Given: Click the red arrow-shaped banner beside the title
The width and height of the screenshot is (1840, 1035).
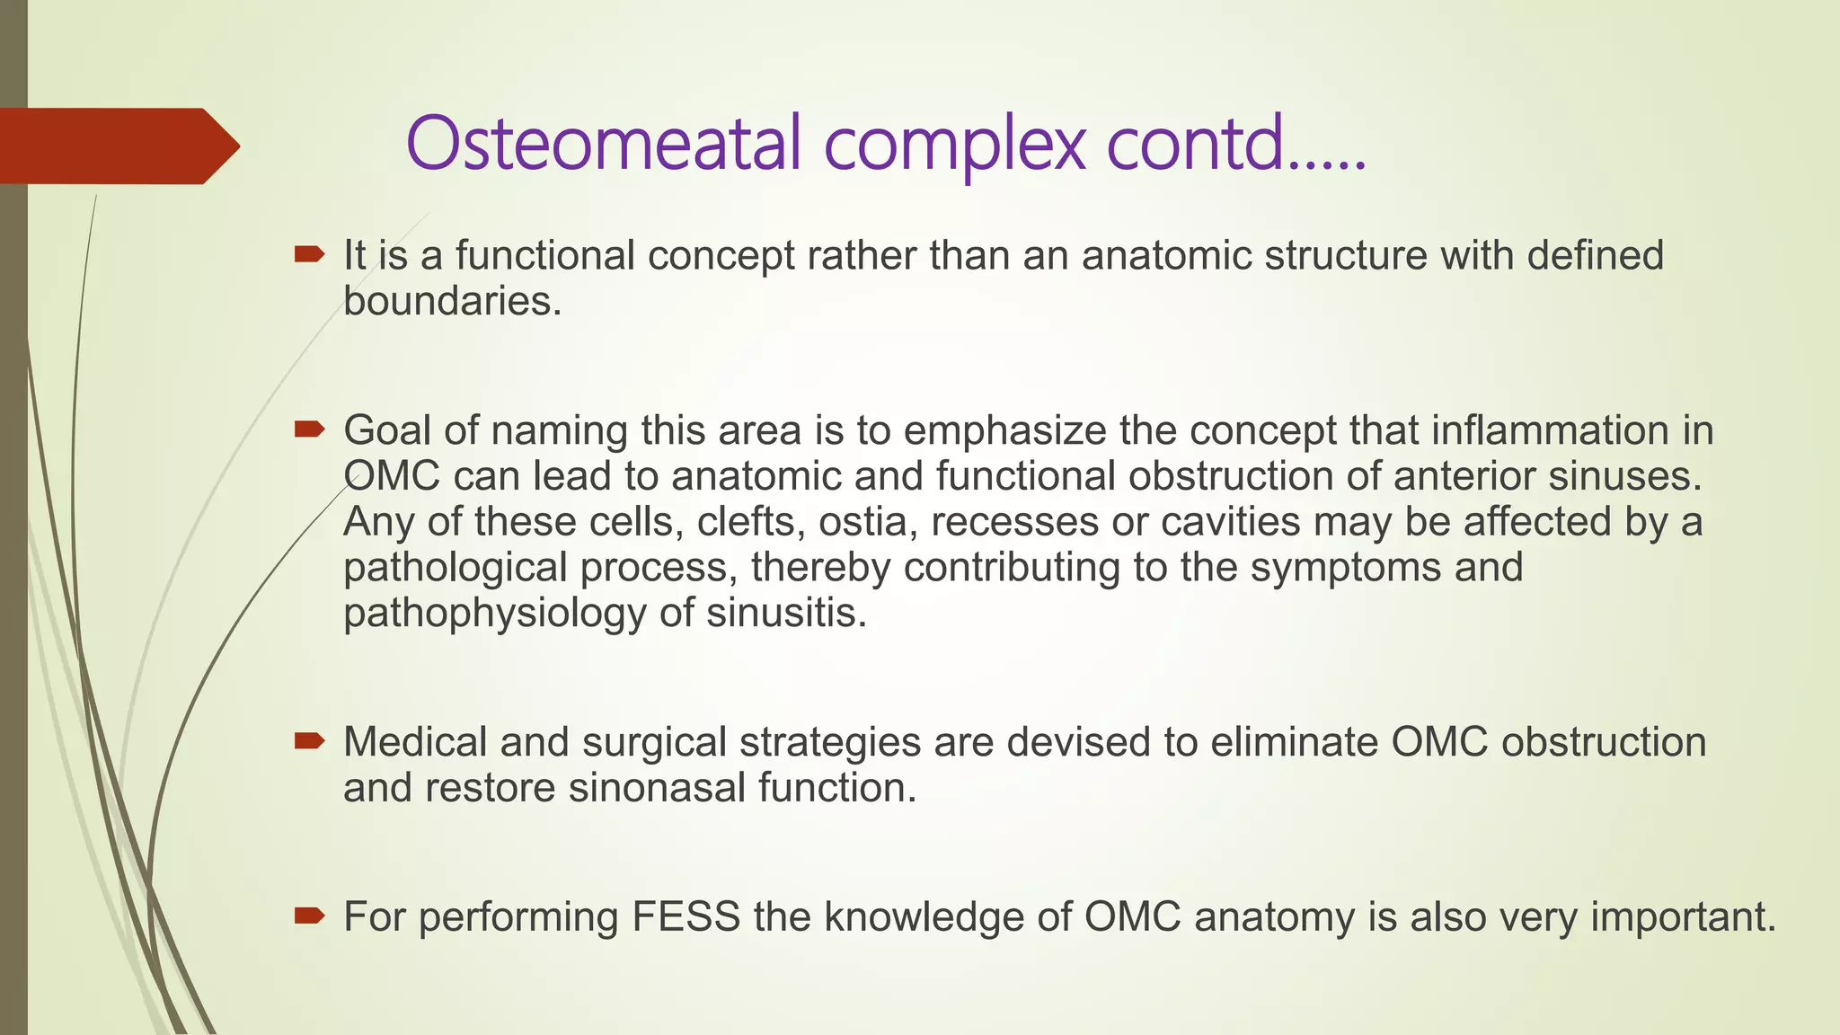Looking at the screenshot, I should (117, 146).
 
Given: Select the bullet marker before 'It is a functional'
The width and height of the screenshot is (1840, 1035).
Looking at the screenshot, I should (308, 256).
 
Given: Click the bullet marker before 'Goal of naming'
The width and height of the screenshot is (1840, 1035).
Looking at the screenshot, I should (308, 431).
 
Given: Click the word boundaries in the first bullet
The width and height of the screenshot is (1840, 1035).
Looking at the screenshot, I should (452, 302).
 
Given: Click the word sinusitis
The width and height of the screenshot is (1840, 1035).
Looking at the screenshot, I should (786, 614).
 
